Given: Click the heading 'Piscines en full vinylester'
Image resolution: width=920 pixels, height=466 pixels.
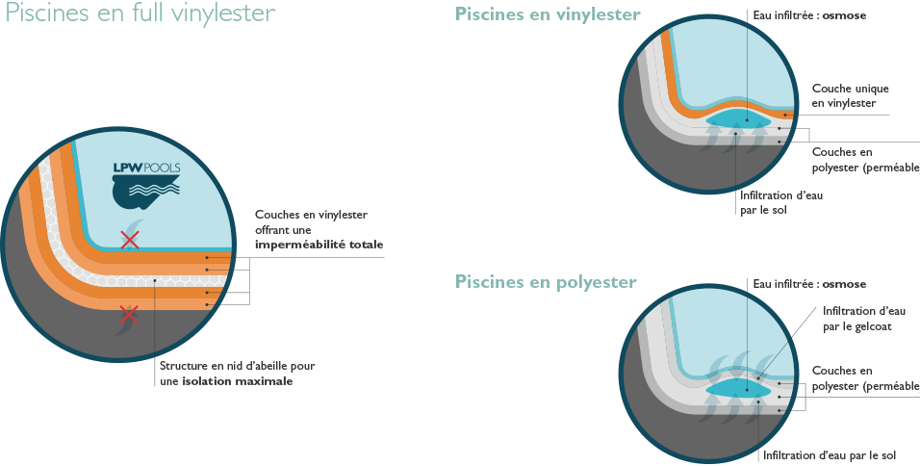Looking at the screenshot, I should (x=141, y=14).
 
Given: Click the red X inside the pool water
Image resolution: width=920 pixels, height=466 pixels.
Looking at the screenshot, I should (x=130, y=240).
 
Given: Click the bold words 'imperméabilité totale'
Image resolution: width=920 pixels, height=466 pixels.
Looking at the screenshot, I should (x=319, y=246).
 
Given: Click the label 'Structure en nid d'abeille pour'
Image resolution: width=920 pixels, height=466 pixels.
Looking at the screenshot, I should (x=237, y=366).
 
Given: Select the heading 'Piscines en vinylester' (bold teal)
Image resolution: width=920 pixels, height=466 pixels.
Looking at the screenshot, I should (x=548, y=15).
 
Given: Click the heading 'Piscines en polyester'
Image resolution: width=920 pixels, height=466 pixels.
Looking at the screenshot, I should (x=546, y=282).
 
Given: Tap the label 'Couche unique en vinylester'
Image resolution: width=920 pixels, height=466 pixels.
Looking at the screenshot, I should (x=844, y=95).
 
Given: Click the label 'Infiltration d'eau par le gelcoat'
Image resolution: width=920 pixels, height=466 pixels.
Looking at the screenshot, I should (x=857, y=319).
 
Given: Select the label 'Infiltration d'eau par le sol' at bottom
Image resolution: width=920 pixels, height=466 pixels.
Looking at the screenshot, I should (x=830, y=454).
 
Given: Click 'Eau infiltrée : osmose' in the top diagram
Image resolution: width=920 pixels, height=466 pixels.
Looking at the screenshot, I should (x=809, y=16).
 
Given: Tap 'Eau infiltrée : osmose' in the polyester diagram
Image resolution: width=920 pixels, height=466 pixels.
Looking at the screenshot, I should (x=809, y=284).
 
